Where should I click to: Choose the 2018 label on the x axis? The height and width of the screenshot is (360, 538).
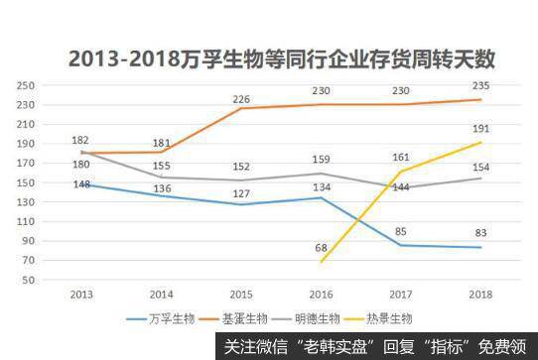(480, 295)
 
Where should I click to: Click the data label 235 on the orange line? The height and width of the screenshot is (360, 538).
(480, 86)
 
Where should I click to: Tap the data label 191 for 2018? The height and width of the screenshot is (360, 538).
(480, 129)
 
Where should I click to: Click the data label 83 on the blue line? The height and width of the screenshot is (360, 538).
(480, 234)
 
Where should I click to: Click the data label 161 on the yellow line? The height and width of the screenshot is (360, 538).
(400, 157)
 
